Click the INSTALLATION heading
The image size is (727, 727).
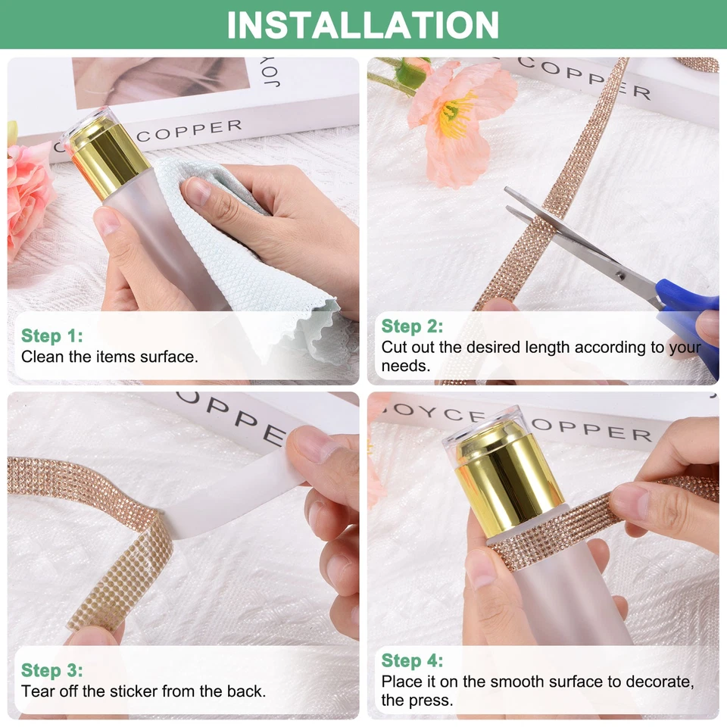coord(363,24)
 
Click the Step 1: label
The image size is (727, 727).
coord(51,335)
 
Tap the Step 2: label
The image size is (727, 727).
coord(412,326)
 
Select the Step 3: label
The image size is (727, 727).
coord(51,670)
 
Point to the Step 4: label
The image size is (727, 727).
coord(412,660)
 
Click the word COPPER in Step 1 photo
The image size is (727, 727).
coord(189,131)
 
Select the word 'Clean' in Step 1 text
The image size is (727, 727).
coord(43,356)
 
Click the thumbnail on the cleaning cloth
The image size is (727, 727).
coord(198,192)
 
